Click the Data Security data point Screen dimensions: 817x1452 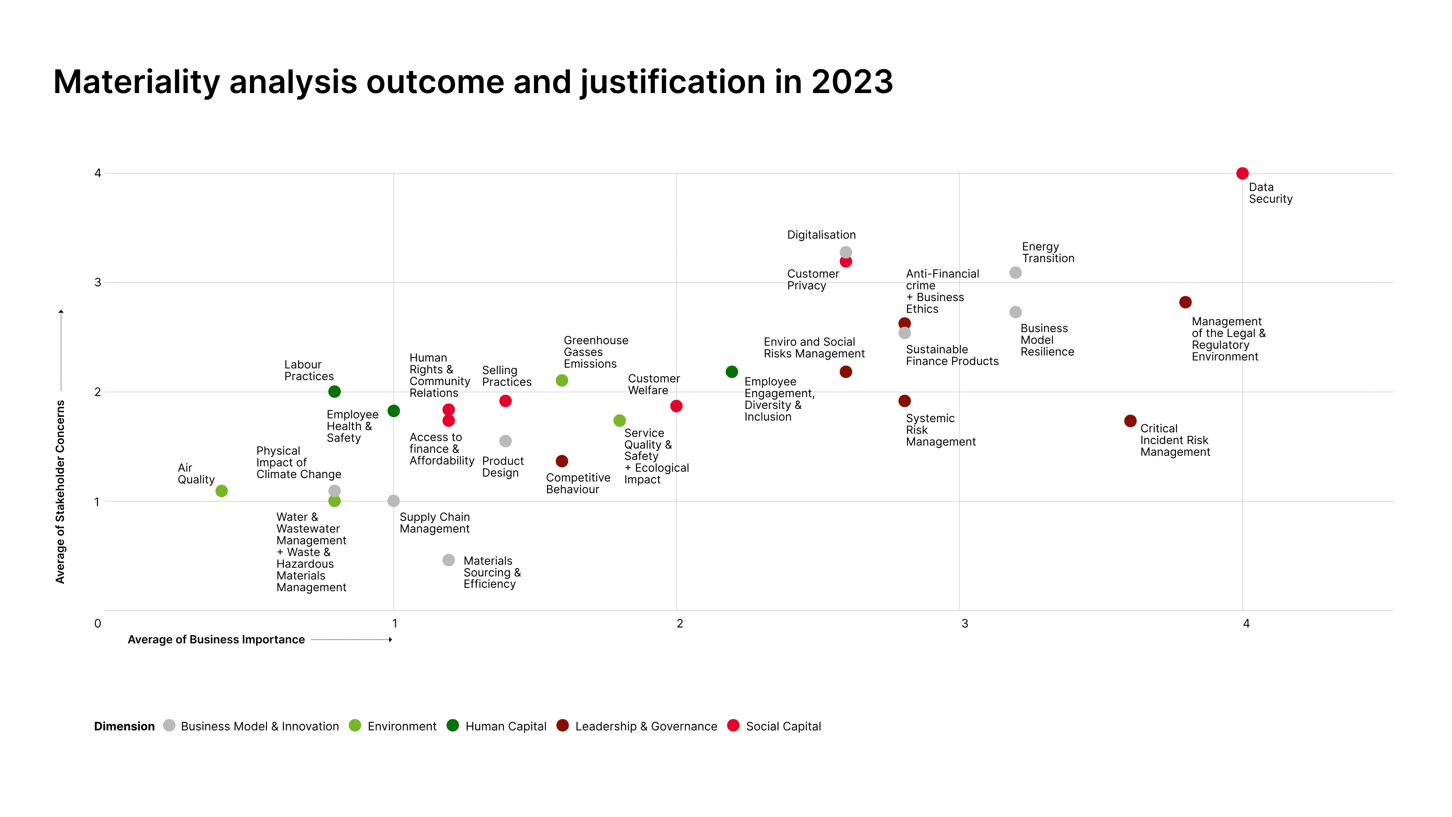[x=1242, y=174]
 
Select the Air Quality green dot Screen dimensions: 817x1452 [x=222, y=491]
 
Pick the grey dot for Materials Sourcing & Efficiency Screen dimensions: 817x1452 [x=449, y=561]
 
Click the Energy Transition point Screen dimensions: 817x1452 [x=1015, y=273]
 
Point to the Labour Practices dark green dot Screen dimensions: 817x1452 [x=334, y=392]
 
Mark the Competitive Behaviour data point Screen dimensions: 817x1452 [x=562, y=461]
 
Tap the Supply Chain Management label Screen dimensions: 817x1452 [x=434, y=523]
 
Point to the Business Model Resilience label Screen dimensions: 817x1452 [x=1047, y=340]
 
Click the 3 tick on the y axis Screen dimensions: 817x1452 [x=98, y=283]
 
